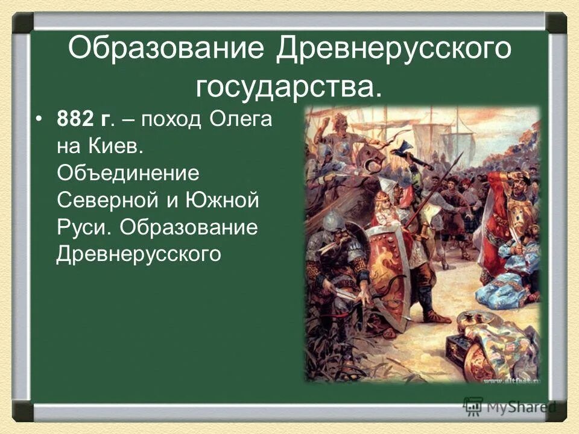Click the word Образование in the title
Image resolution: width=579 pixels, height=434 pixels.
tap(166, 48)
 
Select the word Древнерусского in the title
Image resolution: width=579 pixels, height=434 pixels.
tap(394, 48)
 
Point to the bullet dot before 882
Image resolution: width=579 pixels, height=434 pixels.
tap(39, 119)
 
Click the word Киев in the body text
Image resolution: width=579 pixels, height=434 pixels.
tap(118, 146)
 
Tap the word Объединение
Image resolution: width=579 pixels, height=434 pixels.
tap(127, 173)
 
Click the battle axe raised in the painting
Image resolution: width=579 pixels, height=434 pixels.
tap(405, 151)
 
